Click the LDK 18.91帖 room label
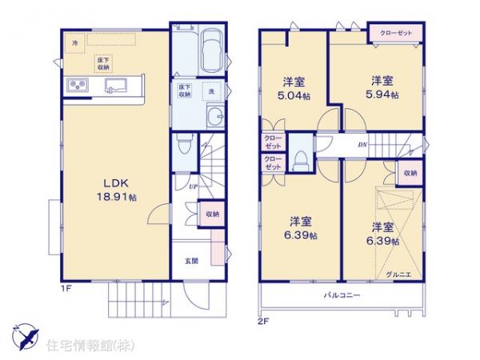[111, 189]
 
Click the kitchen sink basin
[114, 85]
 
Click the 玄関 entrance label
[194, 261]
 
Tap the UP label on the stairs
[194, 186]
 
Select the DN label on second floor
[361, 145]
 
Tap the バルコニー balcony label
[342, 295]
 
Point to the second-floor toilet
[300, 158]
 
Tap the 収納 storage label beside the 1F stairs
[212, 214]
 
